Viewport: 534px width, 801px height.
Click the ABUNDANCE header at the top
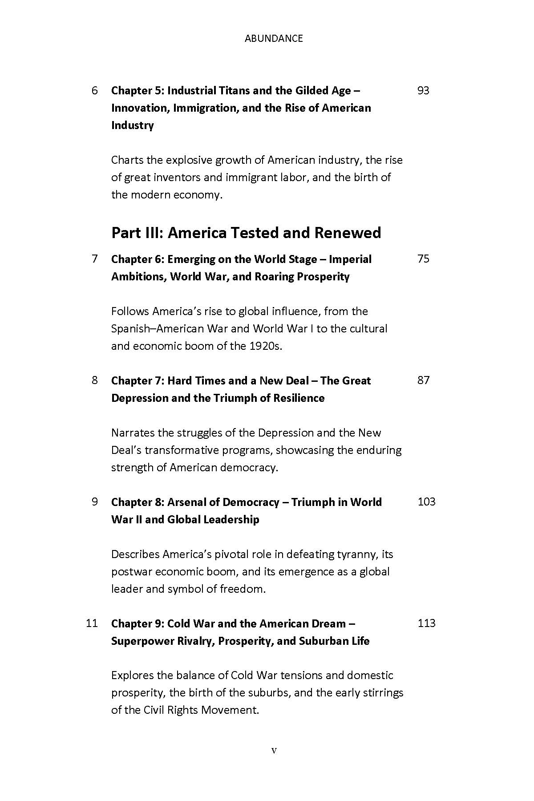[x=274, y=39]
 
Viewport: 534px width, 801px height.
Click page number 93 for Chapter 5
[x=423, y=91]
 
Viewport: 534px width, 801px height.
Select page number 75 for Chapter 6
[x=423, y=259]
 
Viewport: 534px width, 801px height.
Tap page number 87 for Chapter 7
[x=423, y=380]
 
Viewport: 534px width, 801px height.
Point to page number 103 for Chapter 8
[x=426, y=502]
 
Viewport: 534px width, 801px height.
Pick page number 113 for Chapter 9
[x=426, y=623]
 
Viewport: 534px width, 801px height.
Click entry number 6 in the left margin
[x=94, y=91]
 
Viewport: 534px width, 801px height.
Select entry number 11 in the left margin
[x=92, y=623]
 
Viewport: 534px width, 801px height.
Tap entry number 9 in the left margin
[x=94, y=502]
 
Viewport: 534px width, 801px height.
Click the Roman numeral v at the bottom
[x=274, y=751]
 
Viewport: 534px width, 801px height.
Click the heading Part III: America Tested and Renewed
[x=246, y=233]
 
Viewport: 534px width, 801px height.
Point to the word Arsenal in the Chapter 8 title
[x=186, y=502]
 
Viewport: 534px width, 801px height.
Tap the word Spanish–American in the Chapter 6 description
[x=158, y=328]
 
